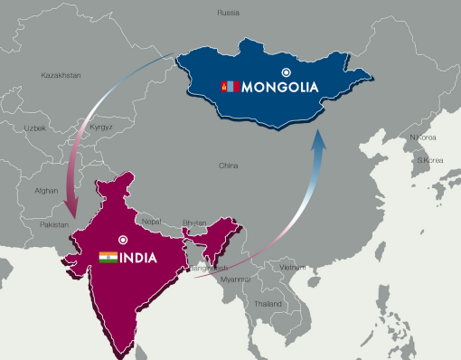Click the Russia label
(x=229, y=13)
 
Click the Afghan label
(x=46, y=191)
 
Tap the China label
(x=229, y=166)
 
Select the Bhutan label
(x=194, y=222)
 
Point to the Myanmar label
(x=235, y=279)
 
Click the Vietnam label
(x=292, y=268)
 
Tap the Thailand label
(x=268, y=304)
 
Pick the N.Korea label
(x=423, y=137)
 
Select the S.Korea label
(x=429, y=160)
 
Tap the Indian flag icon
(x=108, y=258)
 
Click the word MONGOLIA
(x=281, y=88)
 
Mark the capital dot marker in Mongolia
(x=287, y=71)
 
